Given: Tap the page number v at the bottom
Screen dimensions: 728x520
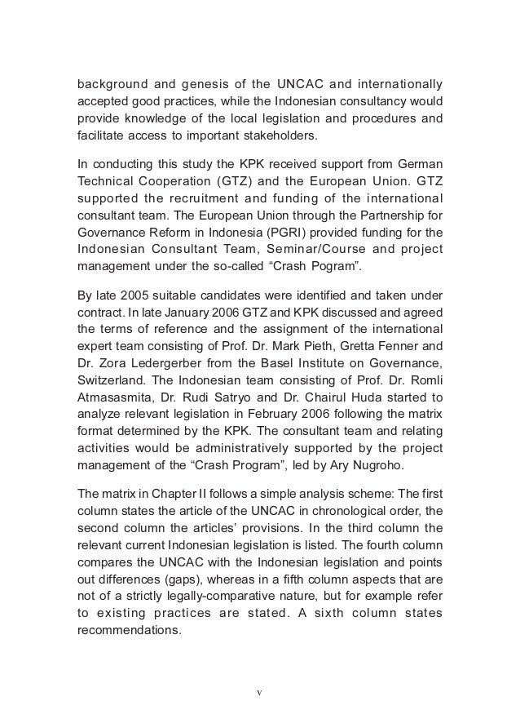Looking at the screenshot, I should [x=259, y=694].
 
